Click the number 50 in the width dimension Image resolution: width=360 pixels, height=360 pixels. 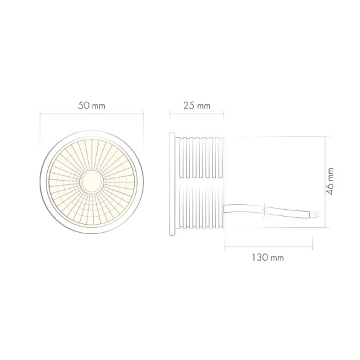point(84,106)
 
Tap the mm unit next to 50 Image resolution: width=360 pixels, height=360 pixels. point(98,106)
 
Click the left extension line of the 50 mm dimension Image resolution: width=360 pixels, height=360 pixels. point(40,133)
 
